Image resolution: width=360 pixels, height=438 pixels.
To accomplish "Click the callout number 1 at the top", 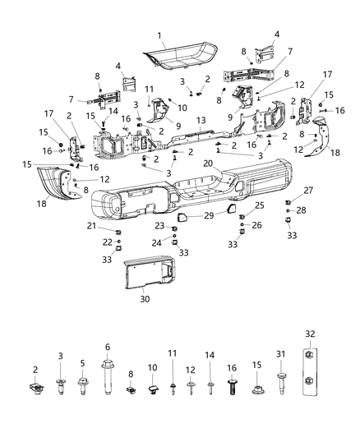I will pos(161,36).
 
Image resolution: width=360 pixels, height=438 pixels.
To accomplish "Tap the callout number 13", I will pos(199,120).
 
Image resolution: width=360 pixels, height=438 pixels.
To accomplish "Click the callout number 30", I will pos(145,299).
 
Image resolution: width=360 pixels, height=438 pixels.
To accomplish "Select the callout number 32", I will pos(309,335).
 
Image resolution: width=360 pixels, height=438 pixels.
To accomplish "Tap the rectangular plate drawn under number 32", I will pos(309,370).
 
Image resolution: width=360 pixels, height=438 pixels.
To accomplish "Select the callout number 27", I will pos(286,190).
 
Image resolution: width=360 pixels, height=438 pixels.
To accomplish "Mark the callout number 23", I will pos(161,226).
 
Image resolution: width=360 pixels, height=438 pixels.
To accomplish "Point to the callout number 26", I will pos(257,225).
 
